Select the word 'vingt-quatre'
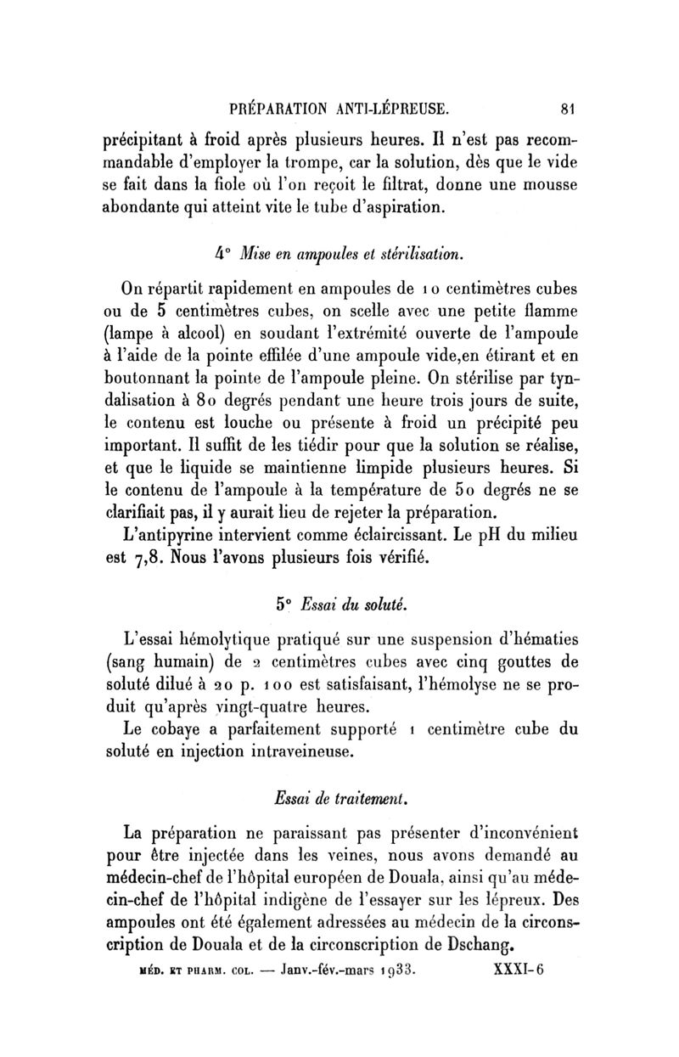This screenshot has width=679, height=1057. point(247,704)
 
